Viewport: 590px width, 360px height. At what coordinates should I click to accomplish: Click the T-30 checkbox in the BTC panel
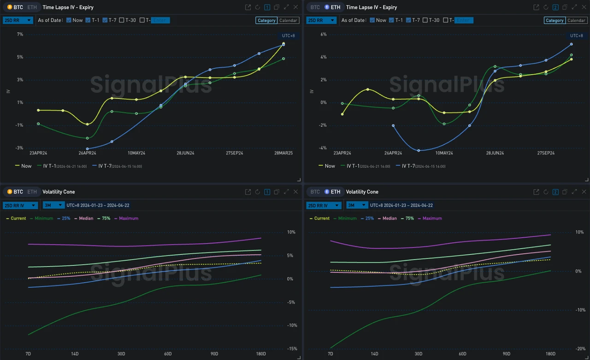122,20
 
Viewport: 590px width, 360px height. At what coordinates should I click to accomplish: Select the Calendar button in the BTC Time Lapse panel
288,20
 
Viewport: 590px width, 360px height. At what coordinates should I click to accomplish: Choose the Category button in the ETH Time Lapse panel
555,20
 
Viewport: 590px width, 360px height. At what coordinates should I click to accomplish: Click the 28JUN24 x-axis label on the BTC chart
185,153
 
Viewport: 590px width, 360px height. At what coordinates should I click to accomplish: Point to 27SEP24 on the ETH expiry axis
546,153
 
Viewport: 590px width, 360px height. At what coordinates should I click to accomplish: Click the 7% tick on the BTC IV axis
20,35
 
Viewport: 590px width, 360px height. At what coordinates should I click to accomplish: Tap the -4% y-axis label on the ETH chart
324,148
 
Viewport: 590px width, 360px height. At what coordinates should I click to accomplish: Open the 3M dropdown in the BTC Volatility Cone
53,206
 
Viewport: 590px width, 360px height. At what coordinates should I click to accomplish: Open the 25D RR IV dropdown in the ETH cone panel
324,206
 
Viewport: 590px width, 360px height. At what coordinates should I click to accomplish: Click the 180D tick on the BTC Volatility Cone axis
261,354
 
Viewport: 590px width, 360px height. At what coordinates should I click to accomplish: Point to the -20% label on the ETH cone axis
580,349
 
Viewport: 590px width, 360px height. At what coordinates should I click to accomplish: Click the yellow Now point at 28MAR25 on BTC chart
283,44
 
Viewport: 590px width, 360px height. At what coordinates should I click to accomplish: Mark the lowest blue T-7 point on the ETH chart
419,151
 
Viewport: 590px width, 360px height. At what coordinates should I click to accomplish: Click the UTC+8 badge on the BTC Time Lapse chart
289,35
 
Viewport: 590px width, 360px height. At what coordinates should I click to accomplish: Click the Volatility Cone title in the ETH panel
362,192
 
